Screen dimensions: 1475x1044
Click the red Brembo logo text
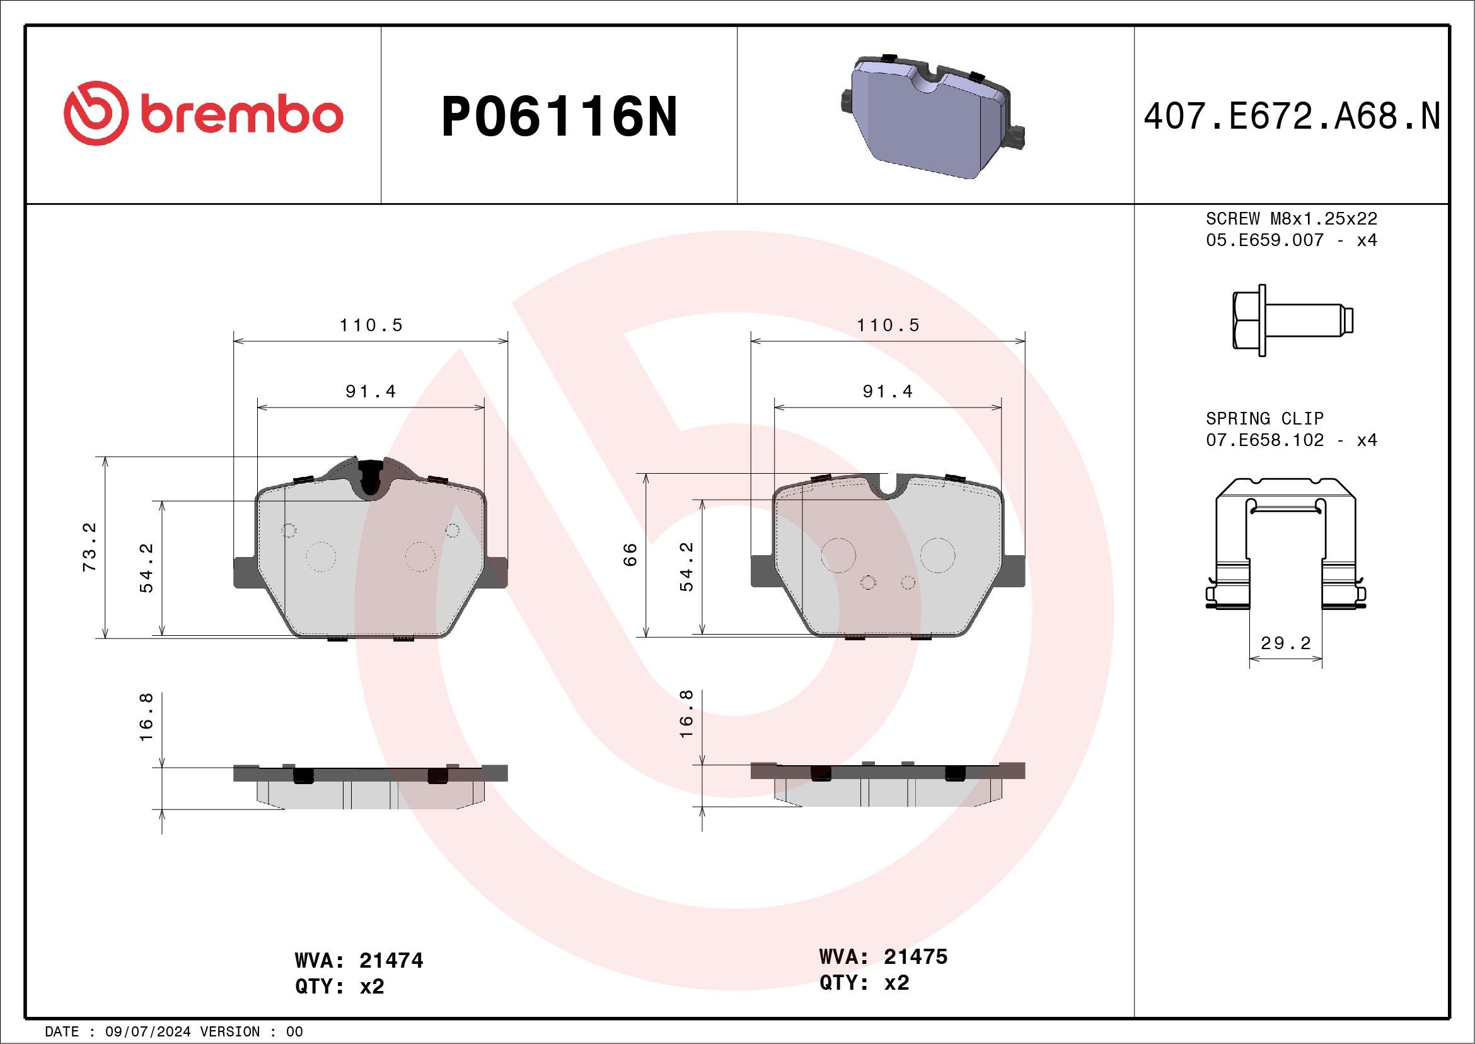pyautogui.click(x=241, y=115)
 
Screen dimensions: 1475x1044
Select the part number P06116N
pyautogui.click(x=560, y=116)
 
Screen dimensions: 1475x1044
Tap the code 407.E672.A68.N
pyautogui.click(x=1292, y=116)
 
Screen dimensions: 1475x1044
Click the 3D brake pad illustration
pyautogui.click(x=932, y=115)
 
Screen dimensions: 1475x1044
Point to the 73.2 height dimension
pyautogui.click(x=90, y=546)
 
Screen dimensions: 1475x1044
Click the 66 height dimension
pyautogui.click(x=630, y=554)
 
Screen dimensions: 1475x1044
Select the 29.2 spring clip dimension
pyautogui.click(x=1285, y=643)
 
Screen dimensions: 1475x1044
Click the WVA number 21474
pyautogui.click(x=391, y=961)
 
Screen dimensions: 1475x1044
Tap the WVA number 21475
pyautogui.click(x=915, y=956)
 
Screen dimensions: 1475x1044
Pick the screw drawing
pyautogui.click(x=1293, y=320)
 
